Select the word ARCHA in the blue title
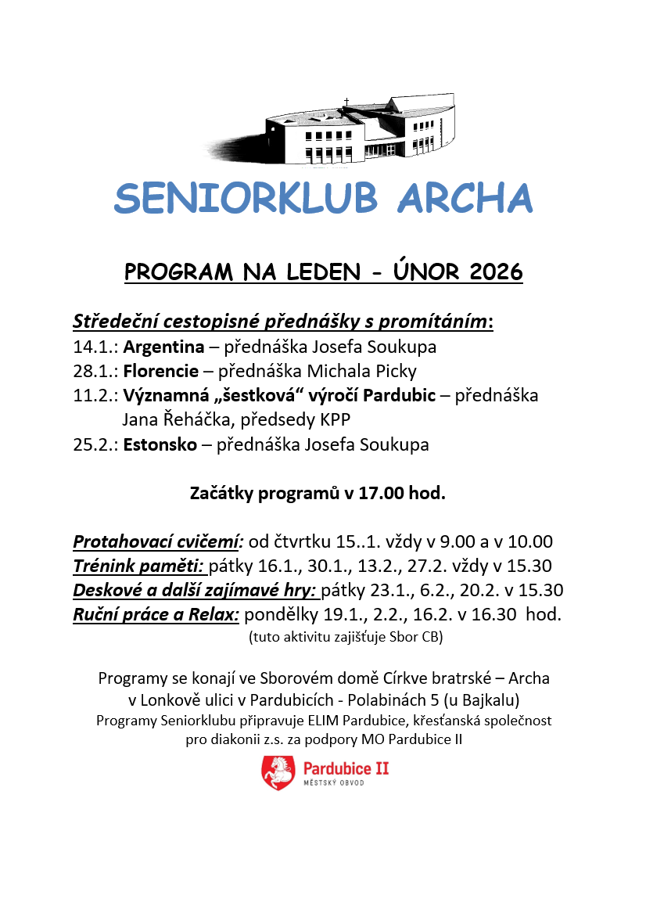coord(465,199)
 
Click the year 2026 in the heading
coord(496,272)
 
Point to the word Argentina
coord(163,346)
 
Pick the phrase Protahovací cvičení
coord(159,541)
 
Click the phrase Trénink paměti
coord(138,566)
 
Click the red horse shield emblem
coord(278,772)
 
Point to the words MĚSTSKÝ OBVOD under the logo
coord(334,783)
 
